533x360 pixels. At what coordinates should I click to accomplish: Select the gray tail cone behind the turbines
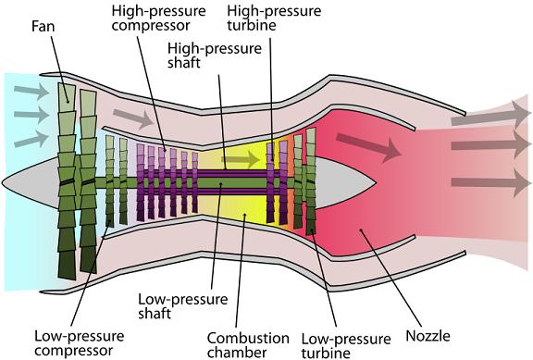347,176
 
